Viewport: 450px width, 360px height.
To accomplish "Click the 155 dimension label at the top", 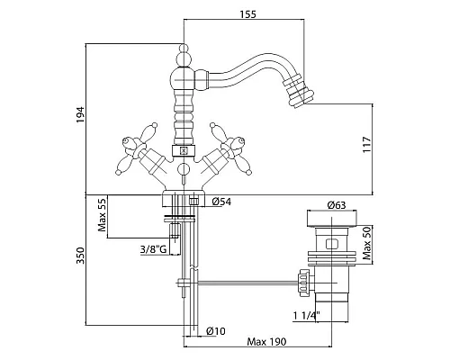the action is click(248, 13).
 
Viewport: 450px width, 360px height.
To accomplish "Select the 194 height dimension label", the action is click(80, 114).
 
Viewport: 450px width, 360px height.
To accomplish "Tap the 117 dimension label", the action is click(367, 145).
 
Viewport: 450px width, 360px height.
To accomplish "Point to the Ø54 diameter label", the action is click(221, 202).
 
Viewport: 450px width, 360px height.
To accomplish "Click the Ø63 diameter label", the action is click(337, 205).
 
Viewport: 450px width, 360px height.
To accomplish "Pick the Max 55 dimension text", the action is click(102, 214).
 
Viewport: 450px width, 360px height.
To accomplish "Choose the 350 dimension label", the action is click(80, 256).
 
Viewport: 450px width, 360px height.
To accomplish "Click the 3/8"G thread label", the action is click(153, 249).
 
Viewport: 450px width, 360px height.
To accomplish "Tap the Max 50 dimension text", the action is click(366, 243).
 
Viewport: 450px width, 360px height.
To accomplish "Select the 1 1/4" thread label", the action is click(306, 315).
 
